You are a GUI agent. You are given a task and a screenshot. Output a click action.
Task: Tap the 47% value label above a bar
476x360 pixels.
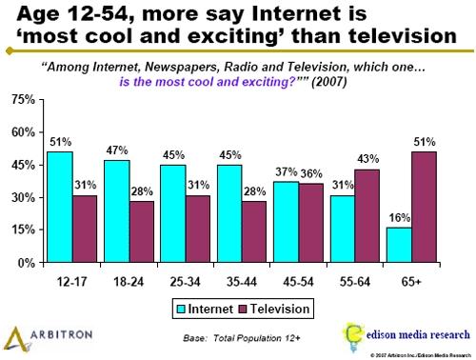pyautogui.click(x=116, y=150)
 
